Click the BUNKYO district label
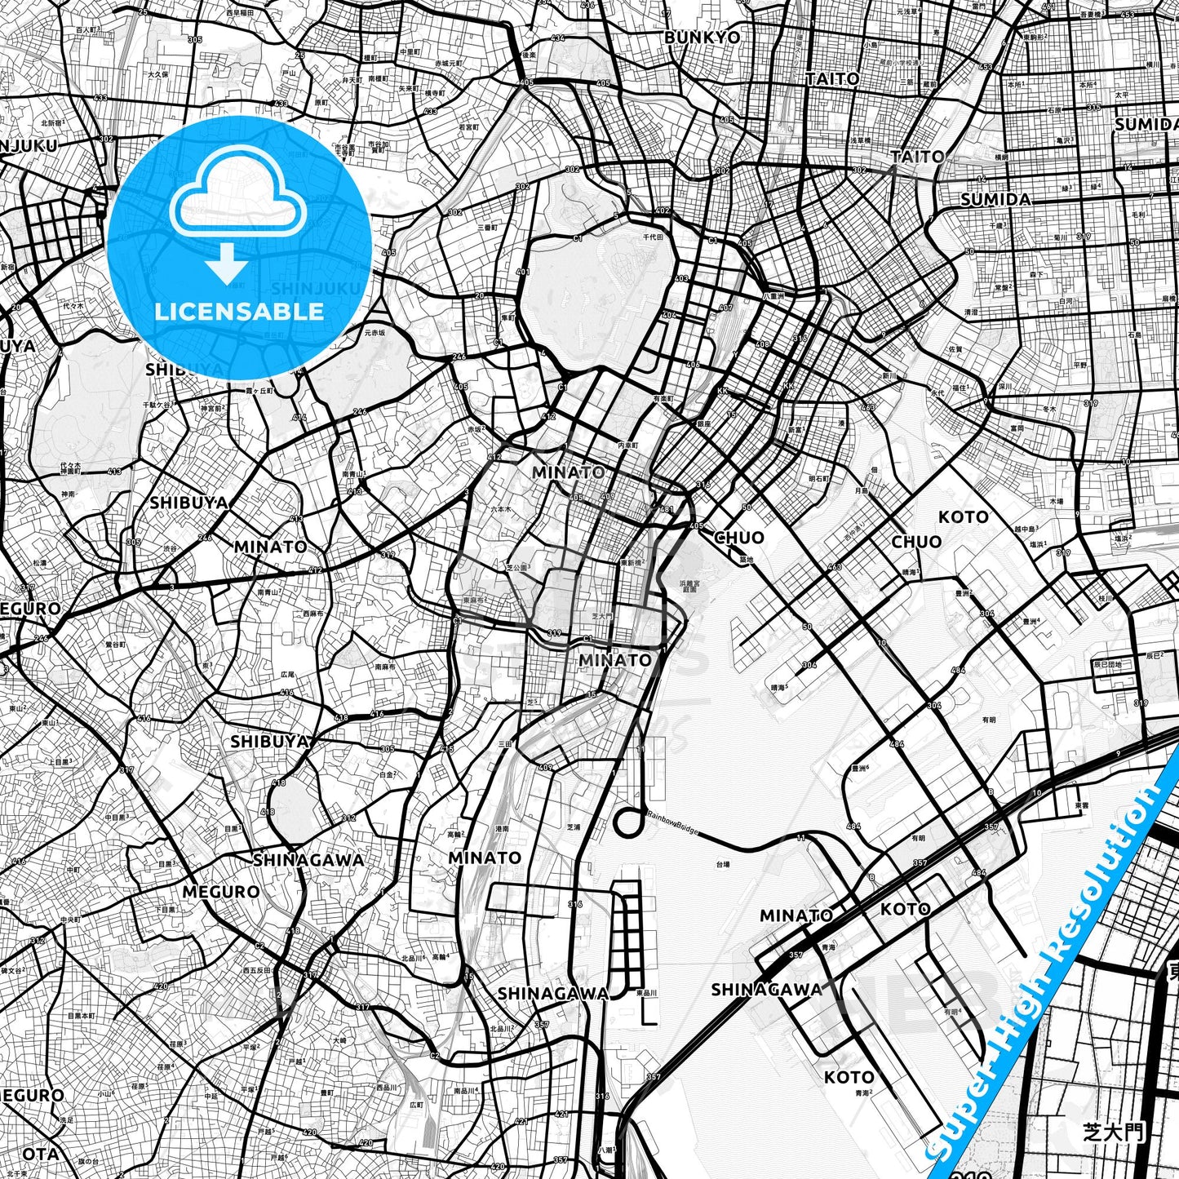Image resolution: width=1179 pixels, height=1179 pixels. coord(702,37)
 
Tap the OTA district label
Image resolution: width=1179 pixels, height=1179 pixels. coord(40,1154)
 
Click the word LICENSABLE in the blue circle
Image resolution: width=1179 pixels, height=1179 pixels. coord(239,311)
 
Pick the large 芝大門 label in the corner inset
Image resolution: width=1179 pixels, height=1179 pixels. coord(1113,1132)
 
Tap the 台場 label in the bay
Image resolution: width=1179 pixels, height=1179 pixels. coord(722,863)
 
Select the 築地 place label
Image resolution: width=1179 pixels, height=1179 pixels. coord(744,559)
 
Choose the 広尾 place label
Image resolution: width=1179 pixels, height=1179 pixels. coord(287,675)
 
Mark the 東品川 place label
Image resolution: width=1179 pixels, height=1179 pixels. coord(646,992)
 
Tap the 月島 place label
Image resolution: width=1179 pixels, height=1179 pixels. coord(861,490)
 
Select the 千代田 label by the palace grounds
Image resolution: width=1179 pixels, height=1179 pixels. coord(653,237)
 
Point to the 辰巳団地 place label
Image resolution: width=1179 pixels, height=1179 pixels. coord(1106,664)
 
